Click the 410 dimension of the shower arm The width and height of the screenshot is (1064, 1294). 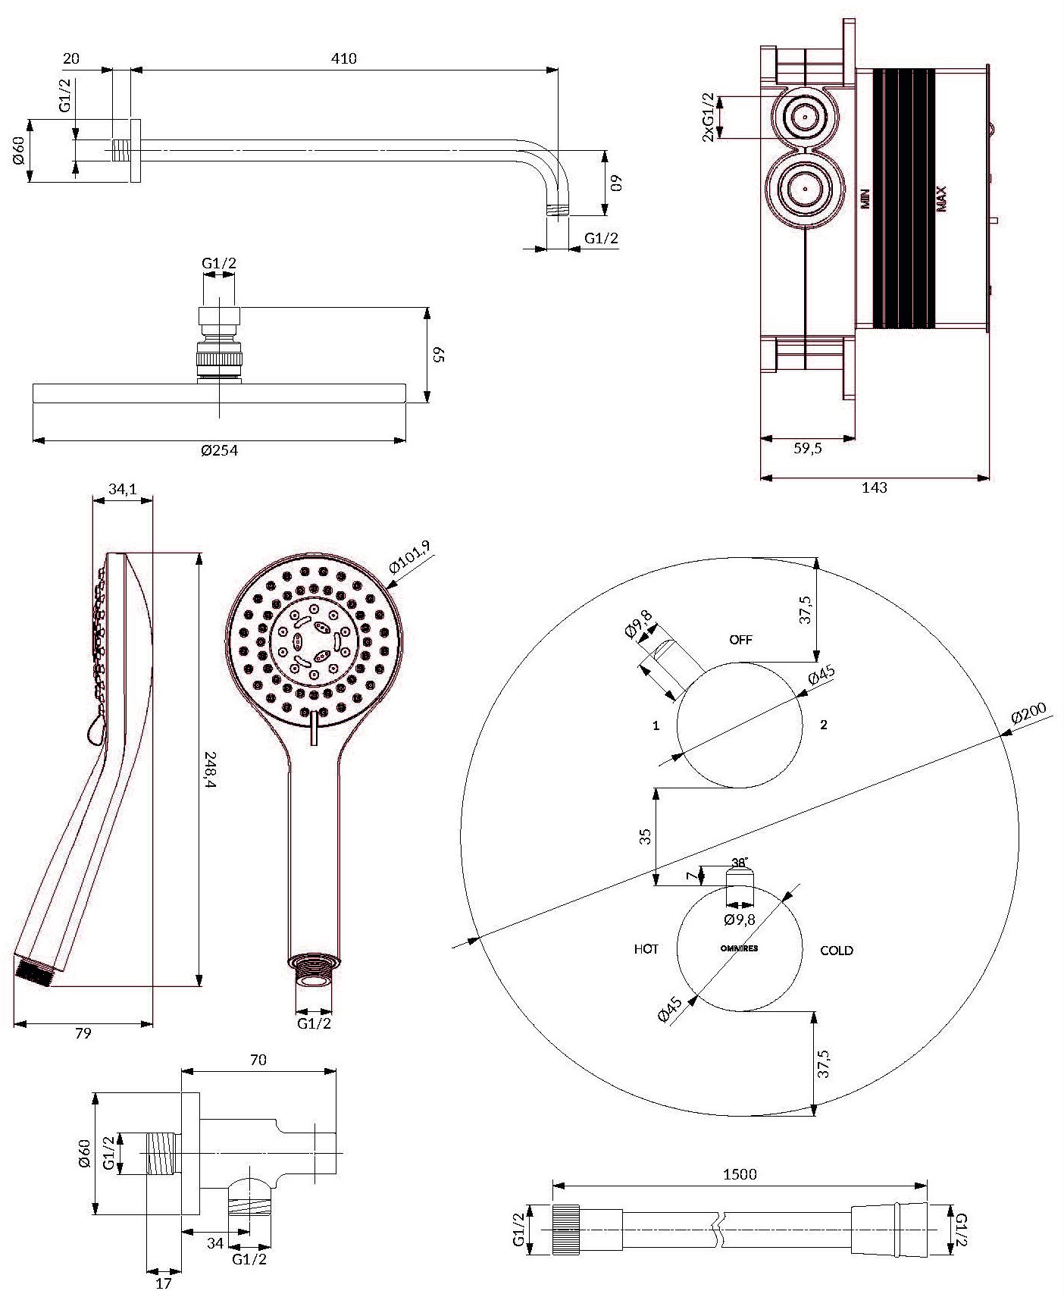(344, 58)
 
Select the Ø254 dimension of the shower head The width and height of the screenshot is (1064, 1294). (220, 450)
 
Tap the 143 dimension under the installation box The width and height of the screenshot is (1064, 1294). (875, 487)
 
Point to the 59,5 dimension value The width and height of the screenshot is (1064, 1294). (808, 448)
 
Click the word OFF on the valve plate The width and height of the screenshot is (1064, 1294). (741, 640)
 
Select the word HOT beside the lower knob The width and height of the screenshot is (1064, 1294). (646, 949)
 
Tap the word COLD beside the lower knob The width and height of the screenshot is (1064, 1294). (837, 951)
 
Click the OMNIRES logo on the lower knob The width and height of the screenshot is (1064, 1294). (739, 948)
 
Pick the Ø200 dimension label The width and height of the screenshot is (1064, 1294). (1028, 715)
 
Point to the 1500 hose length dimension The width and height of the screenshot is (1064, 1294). (740, 1174)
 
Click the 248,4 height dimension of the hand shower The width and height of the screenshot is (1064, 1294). (211, 769)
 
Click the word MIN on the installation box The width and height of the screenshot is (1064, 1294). (865, 199)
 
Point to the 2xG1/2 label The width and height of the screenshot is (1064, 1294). (708, 117)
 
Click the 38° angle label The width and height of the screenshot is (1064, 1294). (740, 863)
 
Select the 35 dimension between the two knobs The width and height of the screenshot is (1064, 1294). (645, 836)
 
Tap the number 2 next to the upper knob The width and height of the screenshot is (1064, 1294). (824, 725)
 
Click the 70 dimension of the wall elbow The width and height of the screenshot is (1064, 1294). (258, 1060)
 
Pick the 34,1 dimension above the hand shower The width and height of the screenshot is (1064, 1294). (122, 490)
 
